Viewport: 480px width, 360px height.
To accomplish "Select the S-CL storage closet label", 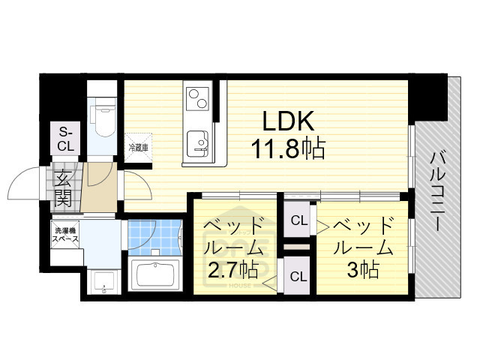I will point(66,139).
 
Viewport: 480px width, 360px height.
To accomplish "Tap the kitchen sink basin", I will point(198,140).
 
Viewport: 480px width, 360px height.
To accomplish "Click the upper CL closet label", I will point(298,220).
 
